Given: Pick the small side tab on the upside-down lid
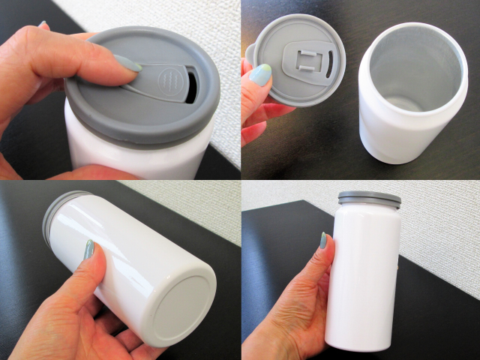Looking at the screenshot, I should [x=253, y=55].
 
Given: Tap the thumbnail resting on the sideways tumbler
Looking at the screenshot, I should [x=90, y=250].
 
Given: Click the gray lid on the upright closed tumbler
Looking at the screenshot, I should [x=369, y=199].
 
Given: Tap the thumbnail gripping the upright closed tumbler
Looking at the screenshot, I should [x=324, y=241].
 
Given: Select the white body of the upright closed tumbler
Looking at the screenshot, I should [x=367, y=277].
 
